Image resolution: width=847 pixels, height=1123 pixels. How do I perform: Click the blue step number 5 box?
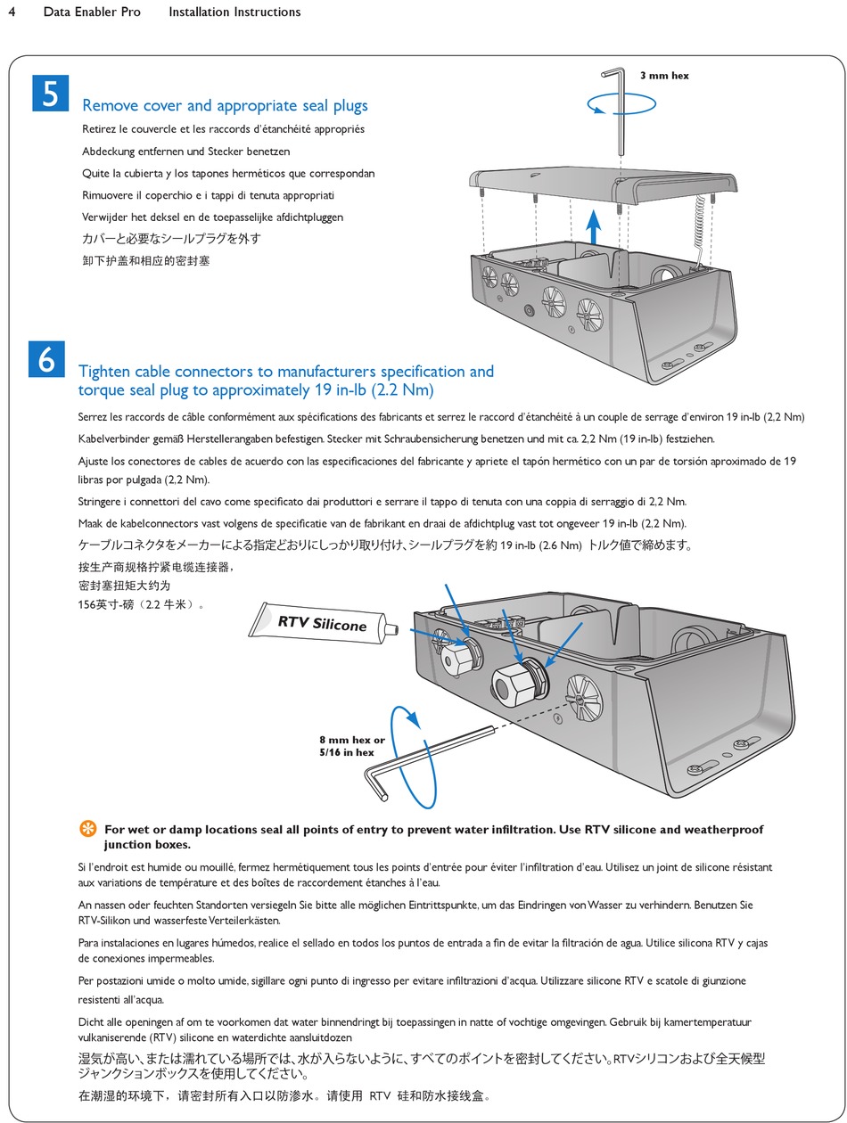[x=50, y=94]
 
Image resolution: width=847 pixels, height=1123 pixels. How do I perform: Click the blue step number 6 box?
[x=46, y=358]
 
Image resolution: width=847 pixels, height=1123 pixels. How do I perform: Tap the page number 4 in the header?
[x=12, y=12]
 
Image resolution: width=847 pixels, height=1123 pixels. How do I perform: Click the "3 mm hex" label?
[x=664, y=76]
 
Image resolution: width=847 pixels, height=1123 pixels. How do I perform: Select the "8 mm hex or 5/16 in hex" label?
[x=351, y=746]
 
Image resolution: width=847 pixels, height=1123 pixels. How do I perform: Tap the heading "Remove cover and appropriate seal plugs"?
[x=225, y=106]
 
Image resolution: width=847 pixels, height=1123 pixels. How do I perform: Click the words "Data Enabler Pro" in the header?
[x=92, y=12]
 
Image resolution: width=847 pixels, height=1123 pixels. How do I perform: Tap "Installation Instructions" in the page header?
[x=234, y=12]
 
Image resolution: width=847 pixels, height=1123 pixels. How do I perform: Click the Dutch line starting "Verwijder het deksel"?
[x=212, y=217]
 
